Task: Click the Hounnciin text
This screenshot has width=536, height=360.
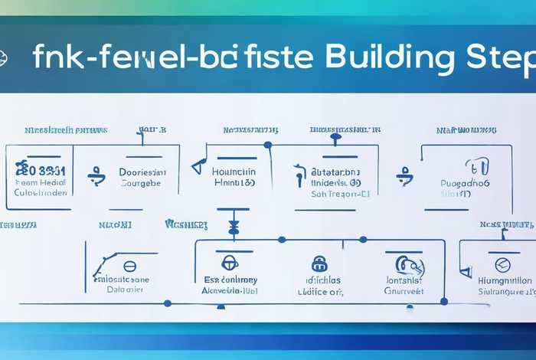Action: click(x=233, y=173)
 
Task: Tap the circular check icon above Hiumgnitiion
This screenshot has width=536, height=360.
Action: click(x=502, y=265)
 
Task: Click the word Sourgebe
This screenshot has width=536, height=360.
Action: click(x=142, y=184)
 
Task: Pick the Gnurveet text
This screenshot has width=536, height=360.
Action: click(x=404, y=291)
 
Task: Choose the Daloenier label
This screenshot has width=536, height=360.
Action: click(x=125, y=290)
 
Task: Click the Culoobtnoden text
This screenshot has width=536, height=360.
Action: click(x=41, y=193)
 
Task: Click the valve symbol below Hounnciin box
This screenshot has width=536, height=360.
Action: click(x=234, y=227)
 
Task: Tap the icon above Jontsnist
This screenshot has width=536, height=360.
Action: click(x=405, y=264)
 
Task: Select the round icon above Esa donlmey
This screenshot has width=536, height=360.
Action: click(x=230, y=263)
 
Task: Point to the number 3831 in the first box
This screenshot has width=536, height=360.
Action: click(x=46, y=169)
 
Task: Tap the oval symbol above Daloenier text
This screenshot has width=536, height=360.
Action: click(x=129, y=267)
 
